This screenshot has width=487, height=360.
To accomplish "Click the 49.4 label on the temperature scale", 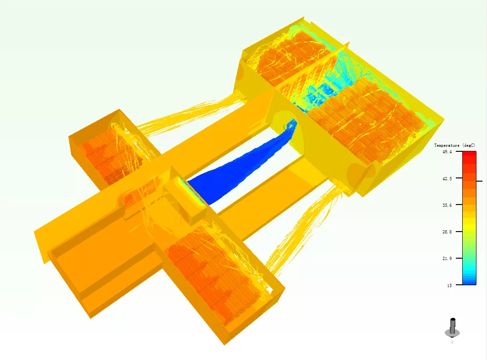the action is pos(447,152).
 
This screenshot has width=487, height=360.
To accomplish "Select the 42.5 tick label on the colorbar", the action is pos(447,178).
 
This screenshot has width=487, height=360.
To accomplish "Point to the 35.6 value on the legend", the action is pos(447,205).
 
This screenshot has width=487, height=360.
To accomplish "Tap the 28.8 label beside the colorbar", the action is pos(447,232).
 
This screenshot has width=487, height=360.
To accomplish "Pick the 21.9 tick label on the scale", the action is pos(447,258).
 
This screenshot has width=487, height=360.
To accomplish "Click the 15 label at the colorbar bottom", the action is pos(449,285).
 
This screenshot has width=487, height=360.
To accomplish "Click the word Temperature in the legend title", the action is pos(447,145).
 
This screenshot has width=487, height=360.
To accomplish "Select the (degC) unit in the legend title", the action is pos(469,145).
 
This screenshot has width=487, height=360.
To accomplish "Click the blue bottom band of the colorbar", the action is pos(469,280).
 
